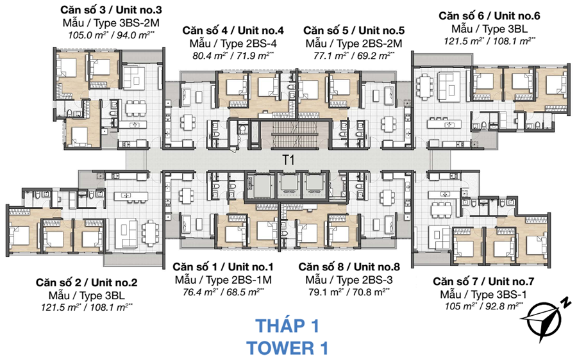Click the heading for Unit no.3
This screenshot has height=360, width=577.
112,10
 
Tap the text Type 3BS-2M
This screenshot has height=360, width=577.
112,22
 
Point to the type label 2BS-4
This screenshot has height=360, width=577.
233,43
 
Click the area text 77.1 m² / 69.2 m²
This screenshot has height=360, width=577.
353,55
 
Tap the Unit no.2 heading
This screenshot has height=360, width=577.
87,282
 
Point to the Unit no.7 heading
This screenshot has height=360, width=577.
483,281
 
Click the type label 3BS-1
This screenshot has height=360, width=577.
483,294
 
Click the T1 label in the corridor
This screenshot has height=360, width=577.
288,161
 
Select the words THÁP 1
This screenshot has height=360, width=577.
287,325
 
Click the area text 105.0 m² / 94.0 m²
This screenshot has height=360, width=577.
112,35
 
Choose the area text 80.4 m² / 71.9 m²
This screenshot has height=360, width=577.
233,55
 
